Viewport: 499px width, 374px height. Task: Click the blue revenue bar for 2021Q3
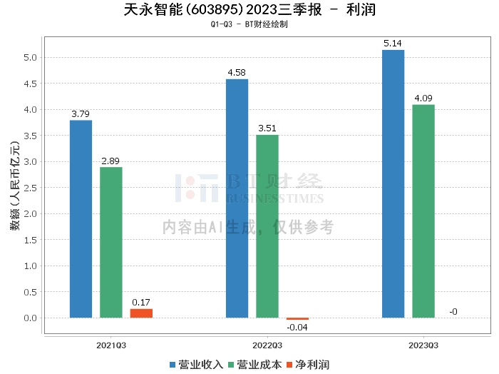tap(81, 219)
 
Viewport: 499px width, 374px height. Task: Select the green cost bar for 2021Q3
tap(111, 243)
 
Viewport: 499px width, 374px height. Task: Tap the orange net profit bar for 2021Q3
tap(141, 313)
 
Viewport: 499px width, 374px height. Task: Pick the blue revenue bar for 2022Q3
tap(237, 198)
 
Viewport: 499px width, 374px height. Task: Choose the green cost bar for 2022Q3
tap(267, 226)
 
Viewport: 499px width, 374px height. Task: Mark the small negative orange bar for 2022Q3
tap(297, 319)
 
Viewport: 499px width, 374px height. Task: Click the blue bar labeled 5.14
tap(393, 184)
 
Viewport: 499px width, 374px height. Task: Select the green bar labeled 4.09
tap(423, 211)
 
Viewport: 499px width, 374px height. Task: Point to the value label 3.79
tap(81, 114)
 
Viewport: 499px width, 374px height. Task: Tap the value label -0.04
tap(297, 328)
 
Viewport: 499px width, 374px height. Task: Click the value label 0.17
tap(141, 303)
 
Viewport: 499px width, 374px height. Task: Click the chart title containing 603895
tap(249, 10)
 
